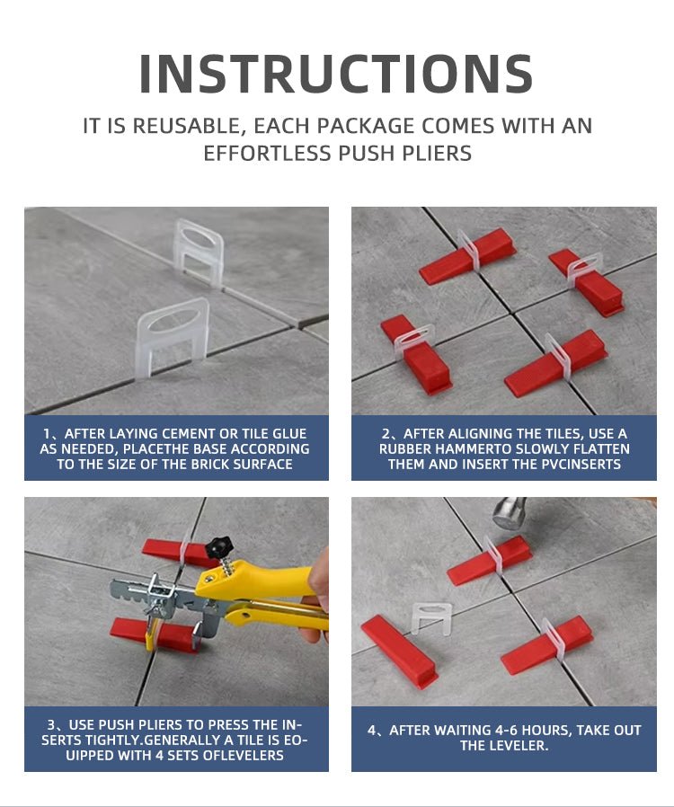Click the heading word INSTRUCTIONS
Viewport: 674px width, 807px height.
tap(336, 74)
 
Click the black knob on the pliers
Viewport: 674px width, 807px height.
tap(218, 548)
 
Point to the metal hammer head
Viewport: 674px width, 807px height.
tap(510, 513)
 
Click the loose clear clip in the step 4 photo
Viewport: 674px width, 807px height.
tap(431, 617)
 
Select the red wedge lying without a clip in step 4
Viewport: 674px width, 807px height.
tap(399, 652)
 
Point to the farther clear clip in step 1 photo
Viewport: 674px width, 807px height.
tap(198, 253)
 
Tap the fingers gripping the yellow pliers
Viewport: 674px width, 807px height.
tap(319, 592)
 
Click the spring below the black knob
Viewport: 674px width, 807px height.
tap(226, 567)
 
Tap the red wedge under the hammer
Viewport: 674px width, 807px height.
tap(489, 560)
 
